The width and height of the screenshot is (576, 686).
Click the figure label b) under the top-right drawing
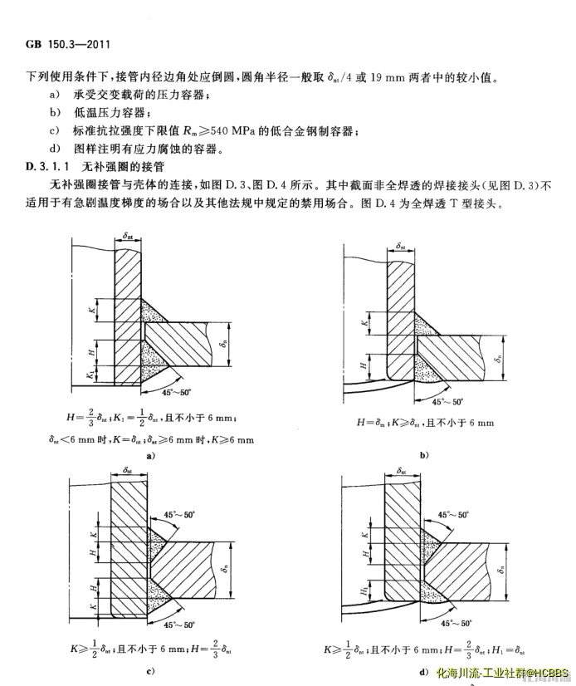click(423, 455)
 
